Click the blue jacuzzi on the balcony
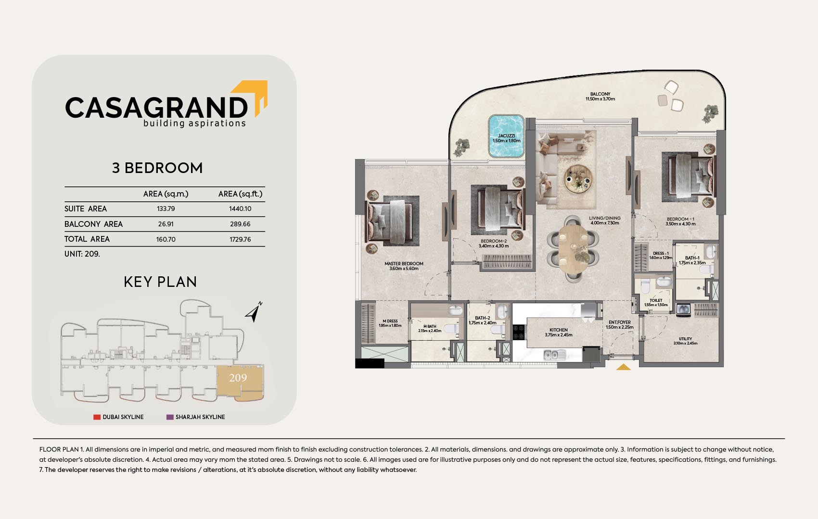pos(507,136)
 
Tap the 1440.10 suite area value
pos(240,209)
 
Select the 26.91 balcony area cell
pos(166,224)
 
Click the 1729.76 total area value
pos(240,239)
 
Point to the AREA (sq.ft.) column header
pos(240,194)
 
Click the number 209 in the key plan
pos(238,378)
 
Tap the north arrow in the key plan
pos(254,312)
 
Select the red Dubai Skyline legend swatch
pos(97,417)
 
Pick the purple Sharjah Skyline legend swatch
pos(170,417)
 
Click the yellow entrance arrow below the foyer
pos(623,367)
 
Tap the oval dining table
pos(573,249)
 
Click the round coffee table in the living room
pos(578,179)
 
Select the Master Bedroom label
pos(404,266)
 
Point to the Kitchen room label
pos(559,332)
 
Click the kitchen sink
pos(554,355)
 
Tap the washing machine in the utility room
pos(683,310)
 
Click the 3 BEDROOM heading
pos(157,168)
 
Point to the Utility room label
pos(686,341)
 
